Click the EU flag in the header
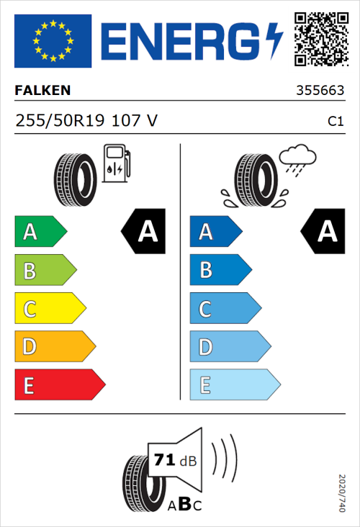pyautogui.click(x=53, y=40)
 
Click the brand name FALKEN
pyautogui.click(x=43, y=91)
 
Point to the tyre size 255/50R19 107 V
pyautogui.click(x=86, y=121)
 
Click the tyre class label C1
pyautogui.click(x=335, y=122)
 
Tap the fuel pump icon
pyautogui.click(x=117, y=163)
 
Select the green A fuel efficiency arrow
pyautogui.click(x=40, y=232)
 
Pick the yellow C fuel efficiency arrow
pyautogui.click(x=49, y=309)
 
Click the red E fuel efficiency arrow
pyautogui.click(x=59, y=385)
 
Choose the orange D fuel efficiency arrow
pyautogui.click(x=54, y=347)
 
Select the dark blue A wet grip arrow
pyautogui.click(x=215, y=232)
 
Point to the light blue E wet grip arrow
pyautogui.click(x=234, y=385)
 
